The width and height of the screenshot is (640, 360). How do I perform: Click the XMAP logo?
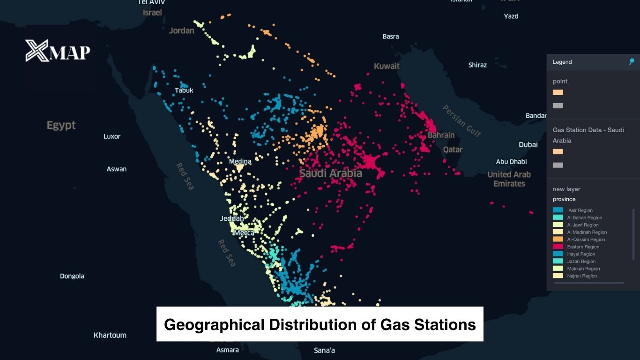[x=58, y=51]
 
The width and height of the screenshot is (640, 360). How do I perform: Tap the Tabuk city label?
[x=184, y=90]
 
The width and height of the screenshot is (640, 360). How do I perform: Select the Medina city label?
[x=240, y=161]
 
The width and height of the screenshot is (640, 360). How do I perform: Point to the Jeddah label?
[x=232, y=218]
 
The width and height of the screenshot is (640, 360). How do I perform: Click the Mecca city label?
[x=244, y=232]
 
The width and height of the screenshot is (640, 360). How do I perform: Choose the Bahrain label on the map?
[x=441, y=135]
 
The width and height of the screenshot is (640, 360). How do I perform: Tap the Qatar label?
[x=453, y=150]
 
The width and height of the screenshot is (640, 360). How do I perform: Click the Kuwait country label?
[x=387, y=66]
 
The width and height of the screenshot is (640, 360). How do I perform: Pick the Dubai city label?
[x=528, y=144]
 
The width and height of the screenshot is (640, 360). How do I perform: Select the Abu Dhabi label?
[x=511, y=162]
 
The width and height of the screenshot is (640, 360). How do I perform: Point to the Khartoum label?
[x=110, y=335]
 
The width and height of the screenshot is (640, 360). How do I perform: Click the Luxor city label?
[x=112, y=136]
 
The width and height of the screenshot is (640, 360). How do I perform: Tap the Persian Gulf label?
[x=461, y=120]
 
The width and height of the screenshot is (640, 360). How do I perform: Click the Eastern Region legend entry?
[x=583, y=247]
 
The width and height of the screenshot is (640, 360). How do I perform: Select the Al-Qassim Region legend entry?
[x=586, y=240]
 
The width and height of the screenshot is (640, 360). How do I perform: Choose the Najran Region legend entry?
[x=582, y=276]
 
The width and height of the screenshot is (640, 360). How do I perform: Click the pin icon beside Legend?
[x=632, y=62]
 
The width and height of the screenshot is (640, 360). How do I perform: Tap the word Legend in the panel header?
[x=562, y=62]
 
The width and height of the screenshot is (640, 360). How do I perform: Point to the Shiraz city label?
[x=477, y=65]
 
